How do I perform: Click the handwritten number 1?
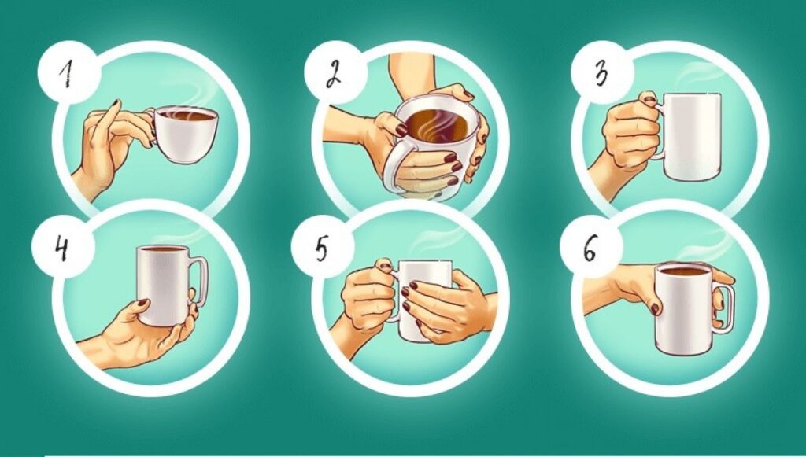(65, 74)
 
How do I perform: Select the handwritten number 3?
(601, 74)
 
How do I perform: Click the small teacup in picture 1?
(185, 135)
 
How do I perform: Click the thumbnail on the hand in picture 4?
(142, 304)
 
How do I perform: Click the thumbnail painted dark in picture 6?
(655, 309)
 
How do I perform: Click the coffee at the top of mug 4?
(164, 249)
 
